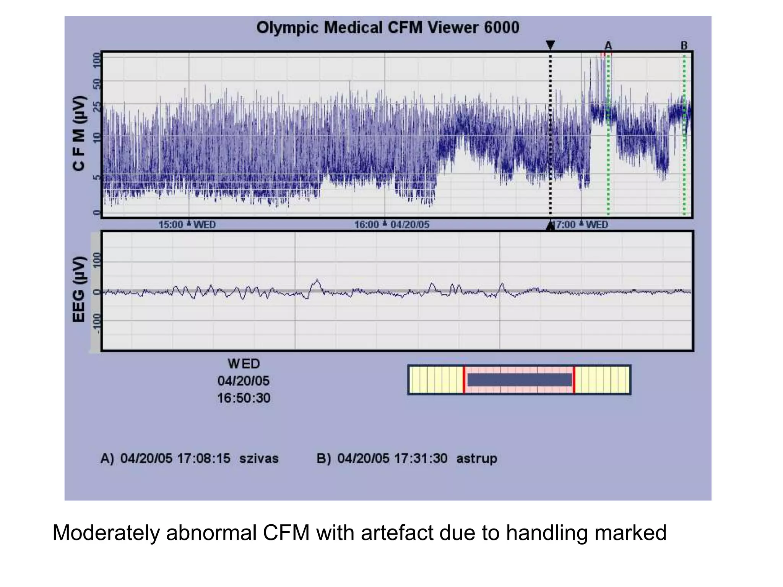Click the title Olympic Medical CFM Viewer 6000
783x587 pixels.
(387, 28)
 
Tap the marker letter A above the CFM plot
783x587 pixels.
(608, 46)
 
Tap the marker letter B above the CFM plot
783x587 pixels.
(684, 46)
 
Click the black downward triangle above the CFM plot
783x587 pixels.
(550, 45)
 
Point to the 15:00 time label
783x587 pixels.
(171, 225)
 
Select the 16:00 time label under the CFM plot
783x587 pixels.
(366, 225)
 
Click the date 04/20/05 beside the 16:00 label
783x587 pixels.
(410, 225)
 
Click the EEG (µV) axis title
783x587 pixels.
(79, 289)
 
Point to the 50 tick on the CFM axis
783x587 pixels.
(96, 83)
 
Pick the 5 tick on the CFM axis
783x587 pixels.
(96, 177)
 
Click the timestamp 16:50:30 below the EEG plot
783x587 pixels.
(244, 398)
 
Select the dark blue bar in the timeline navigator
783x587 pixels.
(519, 380)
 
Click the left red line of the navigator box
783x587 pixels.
(464, 380)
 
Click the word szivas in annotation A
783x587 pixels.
(259, 458)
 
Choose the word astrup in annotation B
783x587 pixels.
(476, 458)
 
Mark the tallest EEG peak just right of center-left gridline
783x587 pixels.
(317, 281)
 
